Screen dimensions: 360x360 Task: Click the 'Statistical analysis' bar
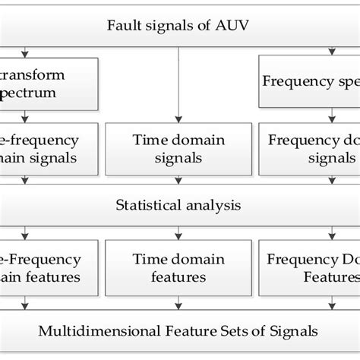(x=180, y=204)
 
